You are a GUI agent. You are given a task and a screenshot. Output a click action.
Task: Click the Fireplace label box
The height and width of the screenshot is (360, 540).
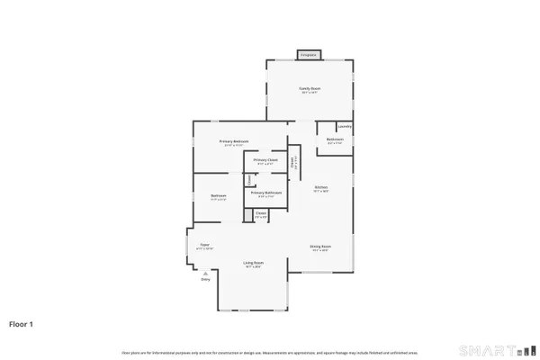[309, 55]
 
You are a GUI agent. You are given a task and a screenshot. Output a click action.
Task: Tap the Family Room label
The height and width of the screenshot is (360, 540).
[310, 89]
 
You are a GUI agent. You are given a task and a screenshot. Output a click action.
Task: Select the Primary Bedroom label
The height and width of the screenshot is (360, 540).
[233, 142]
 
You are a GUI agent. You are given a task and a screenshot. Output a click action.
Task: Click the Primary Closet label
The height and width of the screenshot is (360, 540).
[265, 160]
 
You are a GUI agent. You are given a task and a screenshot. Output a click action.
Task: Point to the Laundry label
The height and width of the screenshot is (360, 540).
[344, 127]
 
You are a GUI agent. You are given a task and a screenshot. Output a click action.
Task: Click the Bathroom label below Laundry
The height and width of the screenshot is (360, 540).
[335, 140]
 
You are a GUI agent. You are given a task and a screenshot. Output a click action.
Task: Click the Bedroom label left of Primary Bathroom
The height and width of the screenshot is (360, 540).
[219, 197]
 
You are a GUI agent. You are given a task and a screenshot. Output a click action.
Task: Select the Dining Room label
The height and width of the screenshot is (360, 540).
[321, 249]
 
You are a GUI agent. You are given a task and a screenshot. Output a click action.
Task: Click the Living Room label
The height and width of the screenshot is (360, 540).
[252, 265]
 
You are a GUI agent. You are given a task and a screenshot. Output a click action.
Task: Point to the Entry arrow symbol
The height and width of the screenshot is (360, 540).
[205, 273]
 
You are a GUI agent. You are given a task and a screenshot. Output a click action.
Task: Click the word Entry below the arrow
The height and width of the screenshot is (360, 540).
[205, 279]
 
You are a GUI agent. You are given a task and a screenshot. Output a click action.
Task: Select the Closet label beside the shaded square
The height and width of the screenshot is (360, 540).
[260, 215]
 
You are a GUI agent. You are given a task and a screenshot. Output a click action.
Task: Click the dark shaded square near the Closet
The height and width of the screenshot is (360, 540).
[247, 215]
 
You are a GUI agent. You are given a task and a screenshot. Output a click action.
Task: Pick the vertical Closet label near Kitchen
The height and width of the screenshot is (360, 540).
[292, 163]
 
